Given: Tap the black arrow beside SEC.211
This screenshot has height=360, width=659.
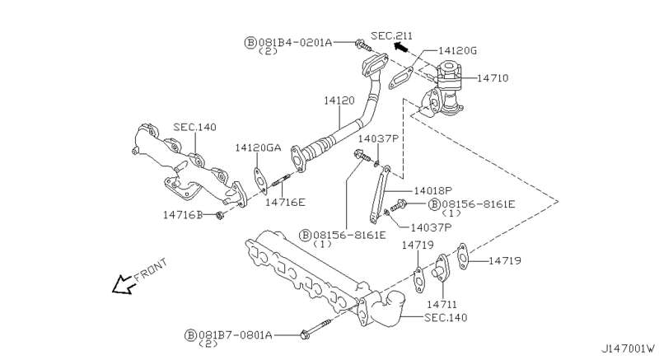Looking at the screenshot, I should [x=401, y=47].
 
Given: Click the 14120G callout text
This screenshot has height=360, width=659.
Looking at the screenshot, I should [x=459, y=50].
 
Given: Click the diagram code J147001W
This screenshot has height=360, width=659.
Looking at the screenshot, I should [x=627, y=348].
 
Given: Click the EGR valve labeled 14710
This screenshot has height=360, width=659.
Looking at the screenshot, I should [x=449, y=86].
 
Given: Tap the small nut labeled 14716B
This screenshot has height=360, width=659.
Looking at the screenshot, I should [x=219, y=215].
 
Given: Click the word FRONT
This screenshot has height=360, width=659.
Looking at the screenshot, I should [x=151, y=270].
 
